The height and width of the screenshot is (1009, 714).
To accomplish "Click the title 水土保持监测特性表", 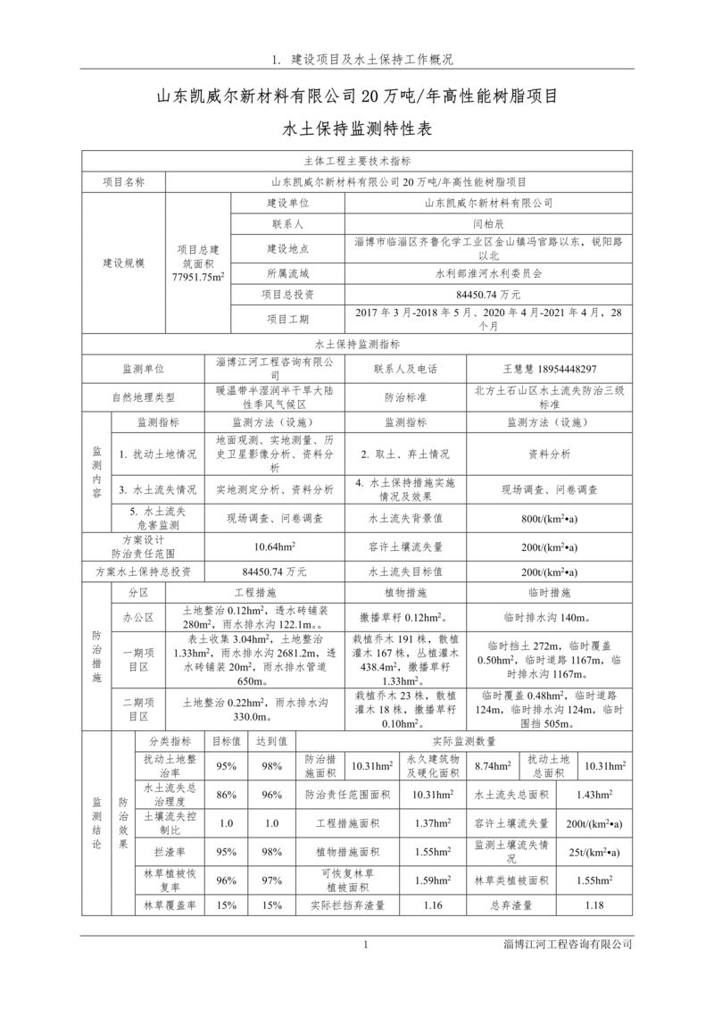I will pos(357,129).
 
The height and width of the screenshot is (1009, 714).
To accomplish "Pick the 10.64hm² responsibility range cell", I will pos(275,546).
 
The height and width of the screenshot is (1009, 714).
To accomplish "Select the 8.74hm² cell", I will pos(492,766).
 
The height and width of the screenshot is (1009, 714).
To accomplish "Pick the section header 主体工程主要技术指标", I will pos(357,162).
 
